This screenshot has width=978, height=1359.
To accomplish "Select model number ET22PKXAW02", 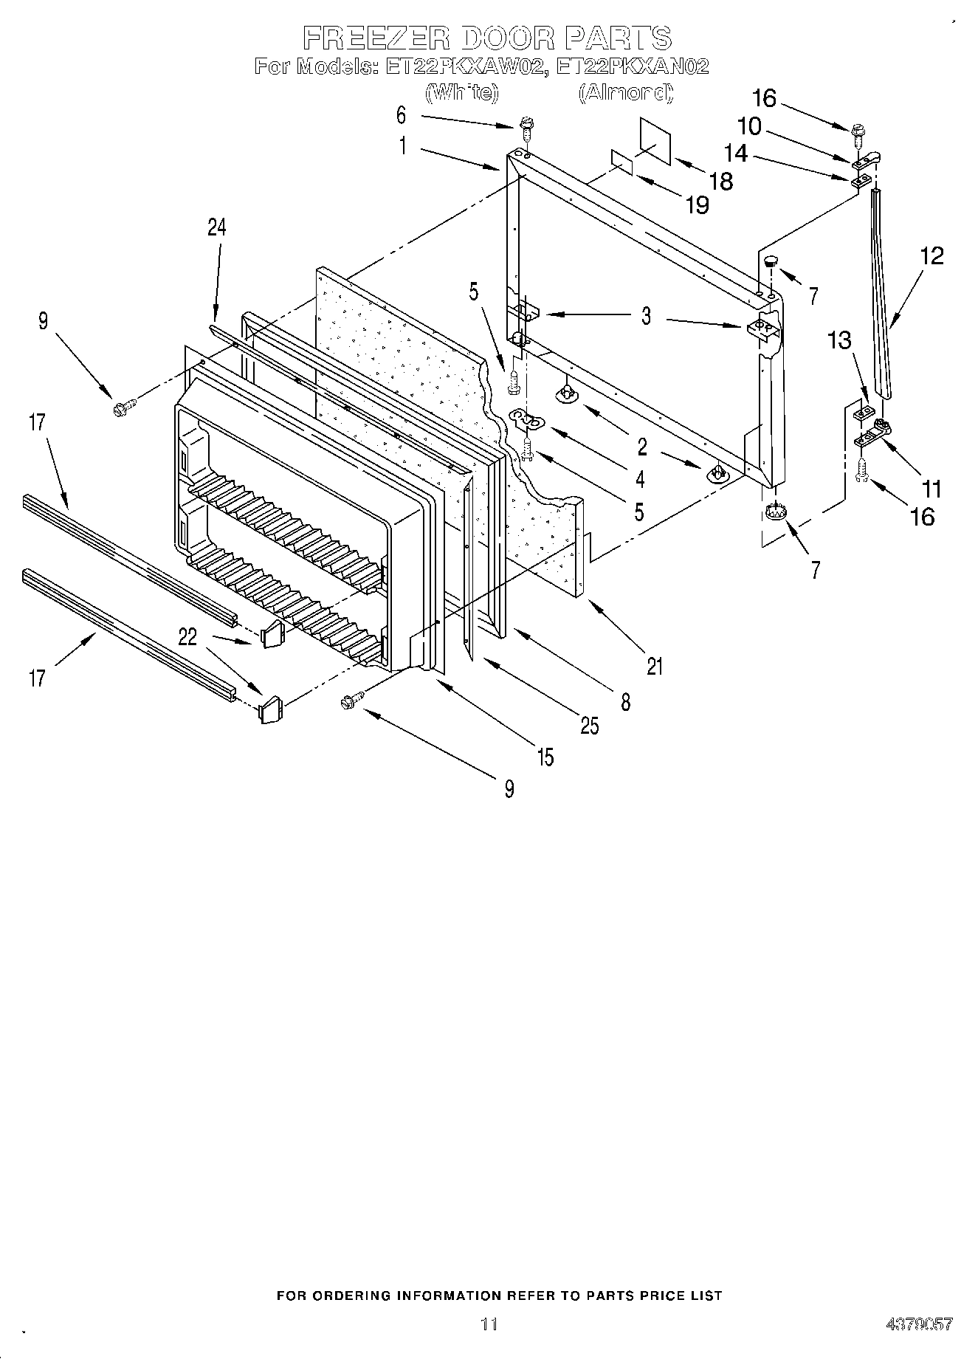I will click(x=466, y=66).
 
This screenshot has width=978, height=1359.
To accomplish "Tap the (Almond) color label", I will click(x=625, y=93).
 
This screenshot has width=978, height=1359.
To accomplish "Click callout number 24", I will click(x=216, y=227).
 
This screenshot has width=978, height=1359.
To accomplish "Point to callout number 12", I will click(x=931, y=256).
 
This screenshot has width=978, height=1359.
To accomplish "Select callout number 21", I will click(x=655, y=666).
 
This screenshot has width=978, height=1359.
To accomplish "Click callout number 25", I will click(x=589, y=726).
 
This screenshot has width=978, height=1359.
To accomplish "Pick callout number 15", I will click(x=545, y=757).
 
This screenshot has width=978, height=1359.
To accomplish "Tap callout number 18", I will click(x=721, y=181).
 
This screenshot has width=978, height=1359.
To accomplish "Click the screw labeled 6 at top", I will click(x=527, y=130).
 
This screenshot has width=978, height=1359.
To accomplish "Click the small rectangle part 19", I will click(x=621, y=163).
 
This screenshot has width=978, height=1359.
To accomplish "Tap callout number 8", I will click(x=625, y=701).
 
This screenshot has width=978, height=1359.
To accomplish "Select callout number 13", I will click(x=838, y=340).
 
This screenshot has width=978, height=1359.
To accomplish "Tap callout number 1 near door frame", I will click(x=403, y=146).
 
